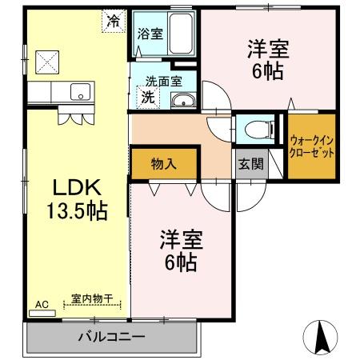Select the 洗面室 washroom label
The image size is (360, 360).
click(162, 82)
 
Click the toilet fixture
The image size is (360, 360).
click(254, 128)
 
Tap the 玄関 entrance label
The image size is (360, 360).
click(250, 165)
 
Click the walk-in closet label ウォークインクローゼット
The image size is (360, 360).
click(312, 146)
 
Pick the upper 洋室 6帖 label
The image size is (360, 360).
click(266, 58)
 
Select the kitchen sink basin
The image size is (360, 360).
click(80, 92)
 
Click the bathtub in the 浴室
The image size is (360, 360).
click(176, 36)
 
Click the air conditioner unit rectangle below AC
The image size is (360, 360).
click(43, 312)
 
